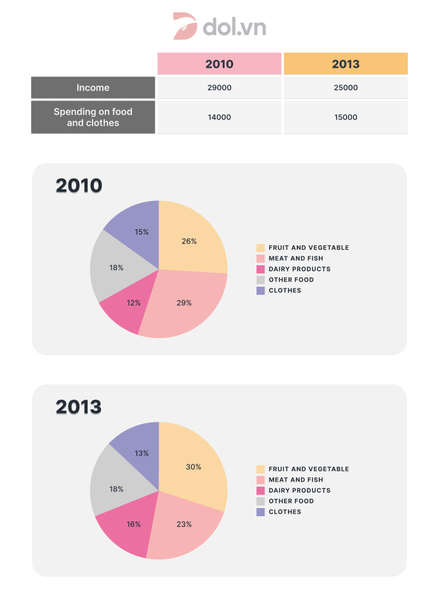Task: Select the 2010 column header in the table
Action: tap(219, 64)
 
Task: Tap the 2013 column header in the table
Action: tap(345, 64)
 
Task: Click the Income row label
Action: tap(93, 88)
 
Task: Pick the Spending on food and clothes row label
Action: tap(93, 117)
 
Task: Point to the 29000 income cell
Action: tap(219, 88)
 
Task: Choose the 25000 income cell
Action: tap(345, 88)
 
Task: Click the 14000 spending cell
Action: tap(219, 117)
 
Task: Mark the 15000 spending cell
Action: tap(345, 117)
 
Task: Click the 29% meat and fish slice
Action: tap(183, 302)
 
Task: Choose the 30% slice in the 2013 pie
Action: tap(193, 466)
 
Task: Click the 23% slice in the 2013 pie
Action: tap(183, 524)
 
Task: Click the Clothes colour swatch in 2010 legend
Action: tap(261, 290)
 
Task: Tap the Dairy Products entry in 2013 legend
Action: tap(299, 490)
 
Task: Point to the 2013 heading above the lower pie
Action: tap(78, 407)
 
